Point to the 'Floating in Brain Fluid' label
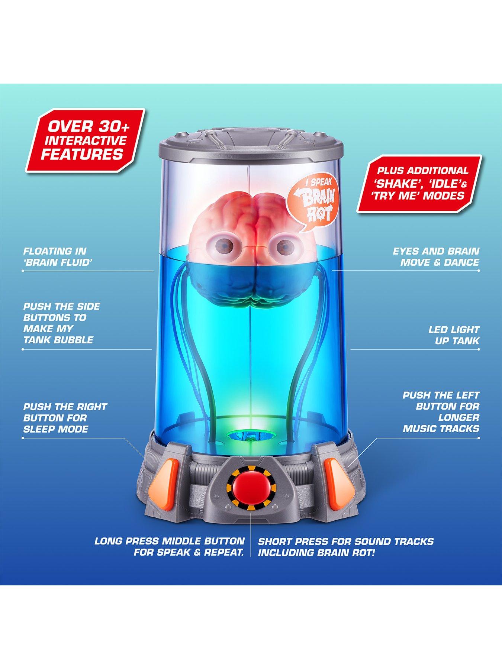[58, 257]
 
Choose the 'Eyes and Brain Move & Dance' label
[436, 257]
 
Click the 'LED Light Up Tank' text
[454, 335]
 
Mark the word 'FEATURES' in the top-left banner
[82, 154]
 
